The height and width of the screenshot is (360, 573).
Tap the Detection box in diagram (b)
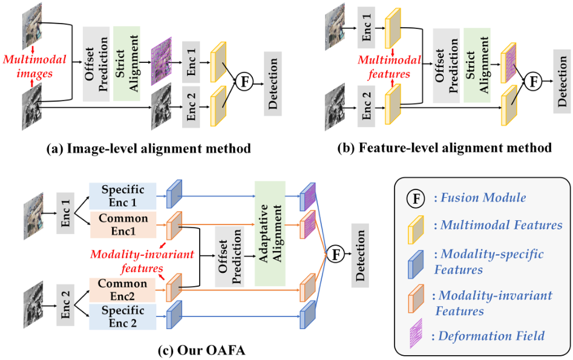[562, 82]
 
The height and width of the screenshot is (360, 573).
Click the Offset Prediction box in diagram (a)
[96, 64]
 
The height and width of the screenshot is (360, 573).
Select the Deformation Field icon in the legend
[415, 335]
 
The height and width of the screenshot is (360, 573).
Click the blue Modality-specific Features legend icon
[415, 261]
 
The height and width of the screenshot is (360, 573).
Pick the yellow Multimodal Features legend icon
[415, 225]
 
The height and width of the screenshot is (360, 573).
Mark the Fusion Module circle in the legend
[415, 197]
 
